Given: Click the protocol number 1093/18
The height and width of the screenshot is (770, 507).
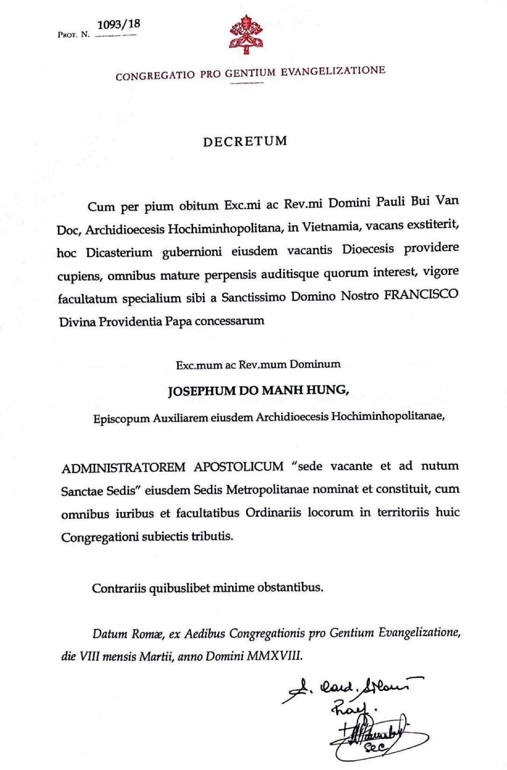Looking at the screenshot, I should point(119,25).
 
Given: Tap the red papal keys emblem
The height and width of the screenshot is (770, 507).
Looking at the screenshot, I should point(246,34).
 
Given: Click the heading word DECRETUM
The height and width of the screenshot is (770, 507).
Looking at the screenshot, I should point(245,141).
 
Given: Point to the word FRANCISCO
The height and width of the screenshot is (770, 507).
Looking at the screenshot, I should point(421,295).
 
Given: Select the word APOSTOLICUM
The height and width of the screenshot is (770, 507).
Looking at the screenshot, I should point(239,467).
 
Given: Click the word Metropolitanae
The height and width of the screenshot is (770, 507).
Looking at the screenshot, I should point(267,490).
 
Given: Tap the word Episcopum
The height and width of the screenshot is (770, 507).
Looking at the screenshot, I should point(121,419).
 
